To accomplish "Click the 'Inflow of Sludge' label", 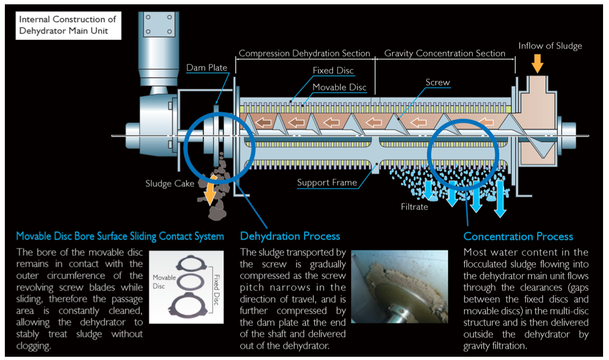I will point(550,46).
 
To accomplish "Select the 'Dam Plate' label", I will point(207,68).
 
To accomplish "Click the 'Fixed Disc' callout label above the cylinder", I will point(333,71).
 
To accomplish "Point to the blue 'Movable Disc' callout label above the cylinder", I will point(339,87).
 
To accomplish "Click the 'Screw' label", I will point(437,83).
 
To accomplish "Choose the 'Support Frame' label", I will point(327,182).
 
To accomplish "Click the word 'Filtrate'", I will point(414,207).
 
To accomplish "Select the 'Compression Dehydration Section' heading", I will point(304,53).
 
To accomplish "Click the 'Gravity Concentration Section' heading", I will point(444,53).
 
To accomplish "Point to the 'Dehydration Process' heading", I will point(290,236).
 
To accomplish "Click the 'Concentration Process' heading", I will point(518,236).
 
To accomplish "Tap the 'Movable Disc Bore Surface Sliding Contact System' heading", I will point(120,236).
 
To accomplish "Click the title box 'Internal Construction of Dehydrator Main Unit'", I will point(67,25).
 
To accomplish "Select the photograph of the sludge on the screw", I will point(399,286).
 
